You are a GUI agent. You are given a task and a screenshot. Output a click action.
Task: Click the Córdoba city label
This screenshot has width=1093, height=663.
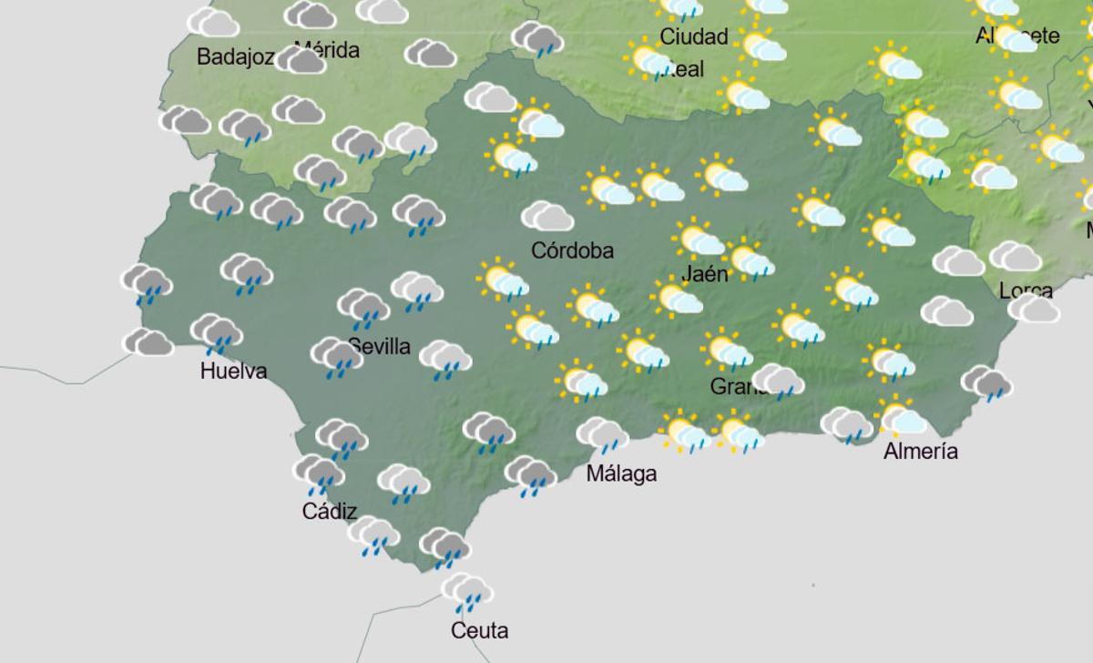tap(572, 250)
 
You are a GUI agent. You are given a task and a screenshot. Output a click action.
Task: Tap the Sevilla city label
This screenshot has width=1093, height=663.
tap(379, 347)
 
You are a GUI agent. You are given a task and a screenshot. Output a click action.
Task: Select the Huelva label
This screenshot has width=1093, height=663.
tap(233, 371)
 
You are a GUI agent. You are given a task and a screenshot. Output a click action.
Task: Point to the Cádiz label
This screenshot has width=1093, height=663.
tap(329, 511)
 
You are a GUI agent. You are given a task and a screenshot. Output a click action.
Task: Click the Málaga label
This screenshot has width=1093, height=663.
tap(621, 474)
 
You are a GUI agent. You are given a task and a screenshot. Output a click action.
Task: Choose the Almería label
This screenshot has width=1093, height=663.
tap(920, 451)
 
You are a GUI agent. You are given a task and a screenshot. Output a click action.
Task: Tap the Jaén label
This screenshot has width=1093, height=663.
tap(705, 273)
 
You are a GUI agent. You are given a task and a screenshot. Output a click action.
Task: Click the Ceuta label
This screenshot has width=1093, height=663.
tap(479, 629)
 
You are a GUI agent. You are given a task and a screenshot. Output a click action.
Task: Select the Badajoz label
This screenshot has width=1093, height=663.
tap(235, 57)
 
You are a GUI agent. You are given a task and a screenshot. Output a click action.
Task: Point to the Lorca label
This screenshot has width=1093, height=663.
tap(1026, 291)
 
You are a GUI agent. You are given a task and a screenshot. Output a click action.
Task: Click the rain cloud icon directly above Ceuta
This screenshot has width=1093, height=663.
tap(467, 592)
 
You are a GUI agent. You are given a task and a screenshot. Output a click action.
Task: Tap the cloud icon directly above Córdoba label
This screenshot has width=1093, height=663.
tap(546, 217)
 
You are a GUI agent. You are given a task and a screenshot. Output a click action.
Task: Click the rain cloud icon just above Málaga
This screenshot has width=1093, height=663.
tap(602, 433)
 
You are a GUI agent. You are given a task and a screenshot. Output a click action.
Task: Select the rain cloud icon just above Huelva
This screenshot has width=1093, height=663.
tap(216, 332)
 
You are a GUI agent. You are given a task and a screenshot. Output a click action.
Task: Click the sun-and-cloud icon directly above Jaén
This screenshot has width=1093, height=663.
tap(699, 239)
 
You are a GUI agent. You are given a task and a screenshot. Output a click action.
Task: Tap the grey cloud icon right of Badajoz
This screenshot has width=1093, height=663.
tap(301, 60)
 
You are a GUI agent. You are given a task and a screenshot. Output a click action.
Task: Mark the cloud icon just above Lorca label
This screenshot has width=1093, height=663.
tap(1015, 257)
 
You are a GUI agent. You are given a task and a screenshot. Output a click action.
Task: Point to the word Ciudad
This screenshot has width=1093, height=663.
tap(694, 36)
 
